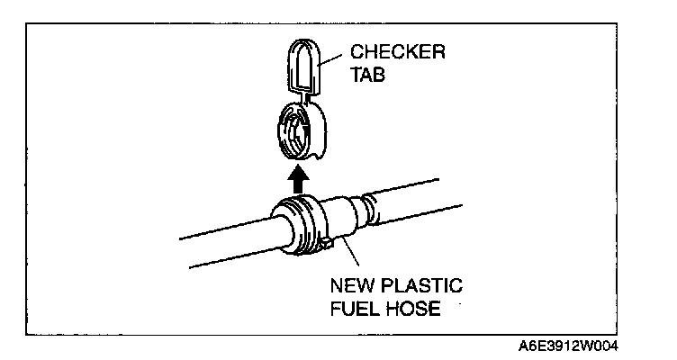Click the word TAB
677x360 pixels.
pos(368,76)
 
